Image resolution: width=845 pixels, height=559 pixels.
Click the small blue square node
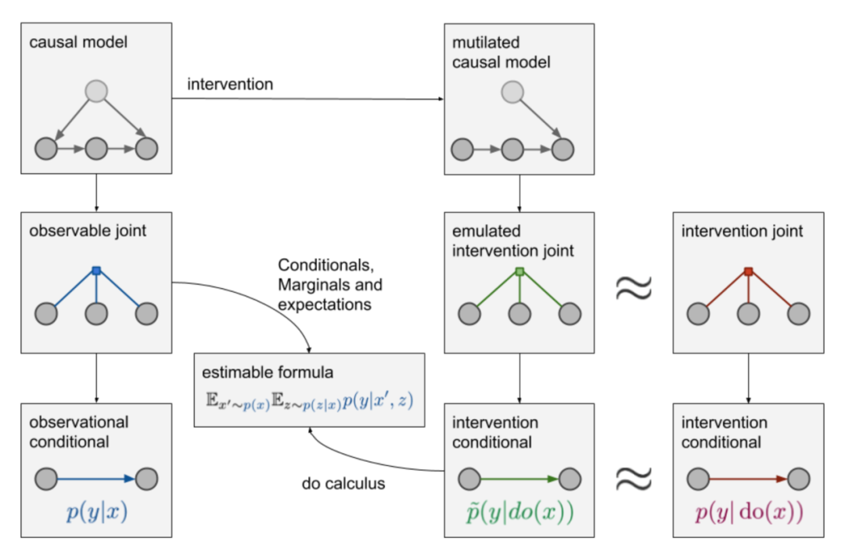coord(96,271)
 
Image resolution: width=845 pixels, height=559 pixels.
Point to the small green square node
coord(516,272)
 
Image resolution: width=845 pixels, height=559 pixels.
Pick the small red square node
coord(748,272)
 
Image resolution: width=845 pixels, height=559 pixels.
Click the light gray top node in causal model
coord(96,92)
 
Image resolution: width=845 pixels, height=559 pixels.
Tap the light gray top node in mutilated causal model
coord(512,92)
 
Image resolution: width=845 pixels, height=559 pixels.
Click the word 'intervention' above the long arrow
coord(229,85)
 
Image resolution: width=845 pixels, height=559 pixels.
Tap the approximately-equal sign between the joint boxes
coord(632,287)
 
